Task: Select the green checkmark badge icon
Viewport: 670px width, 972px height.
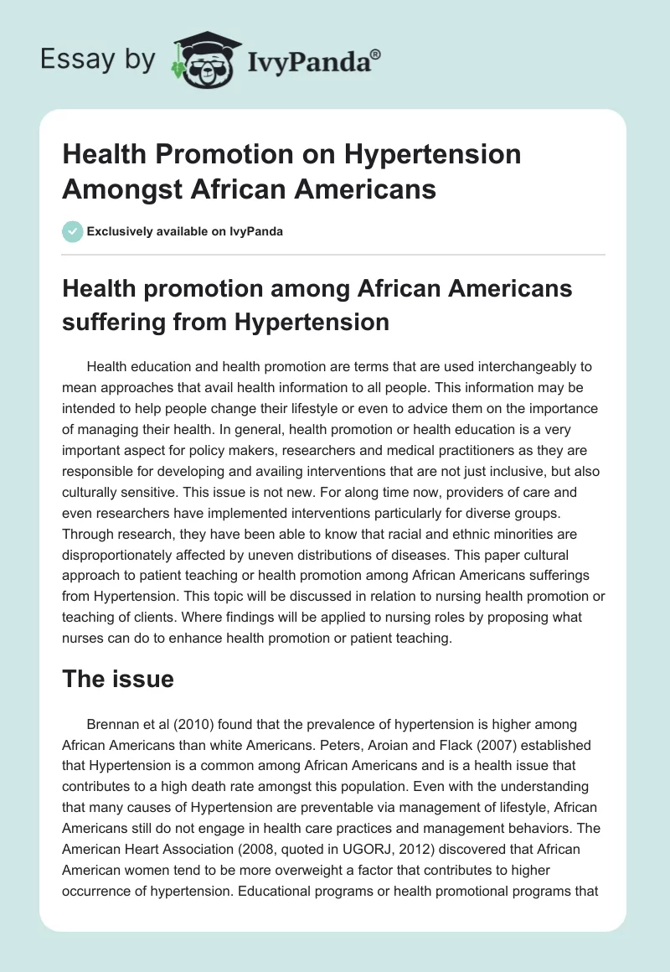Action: pos(73,231)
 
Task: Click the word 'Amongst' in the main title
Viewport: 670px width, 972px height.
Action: pos(122,189)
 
